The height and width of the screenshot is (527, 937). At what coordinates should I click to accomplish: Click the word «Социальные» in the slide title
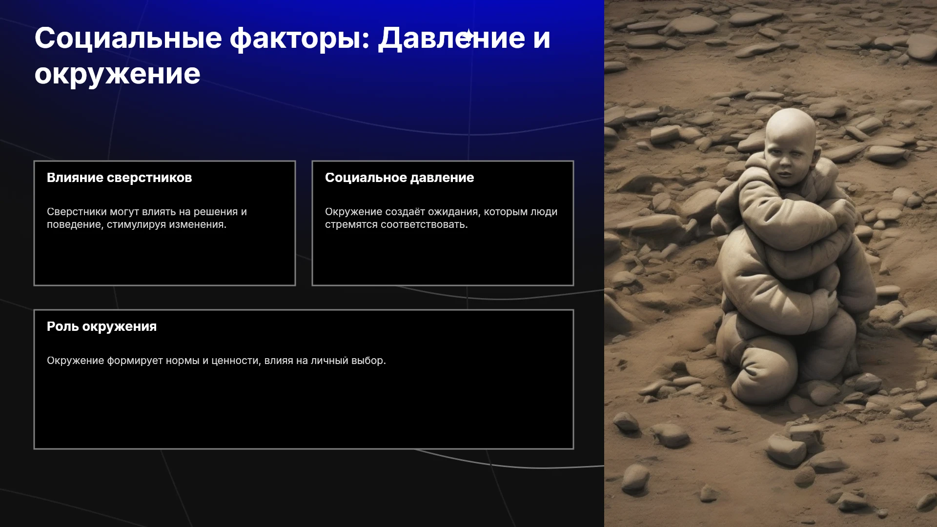[128, 38]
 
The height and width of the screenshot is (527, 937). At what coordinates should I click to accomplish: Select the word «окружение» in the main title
[117, 75]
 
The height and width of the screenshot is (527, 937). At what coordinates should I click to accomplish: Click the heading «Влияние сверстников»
[120, 178]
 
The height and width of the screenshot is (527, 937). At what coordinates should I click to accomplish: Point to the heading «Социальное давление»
[399, 178]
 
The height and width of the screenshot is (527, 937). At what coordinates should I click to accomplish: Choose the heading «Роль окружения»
[102, 326]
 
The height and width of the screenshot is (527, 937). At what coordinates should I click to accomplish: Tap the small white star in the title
[468, 36]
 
